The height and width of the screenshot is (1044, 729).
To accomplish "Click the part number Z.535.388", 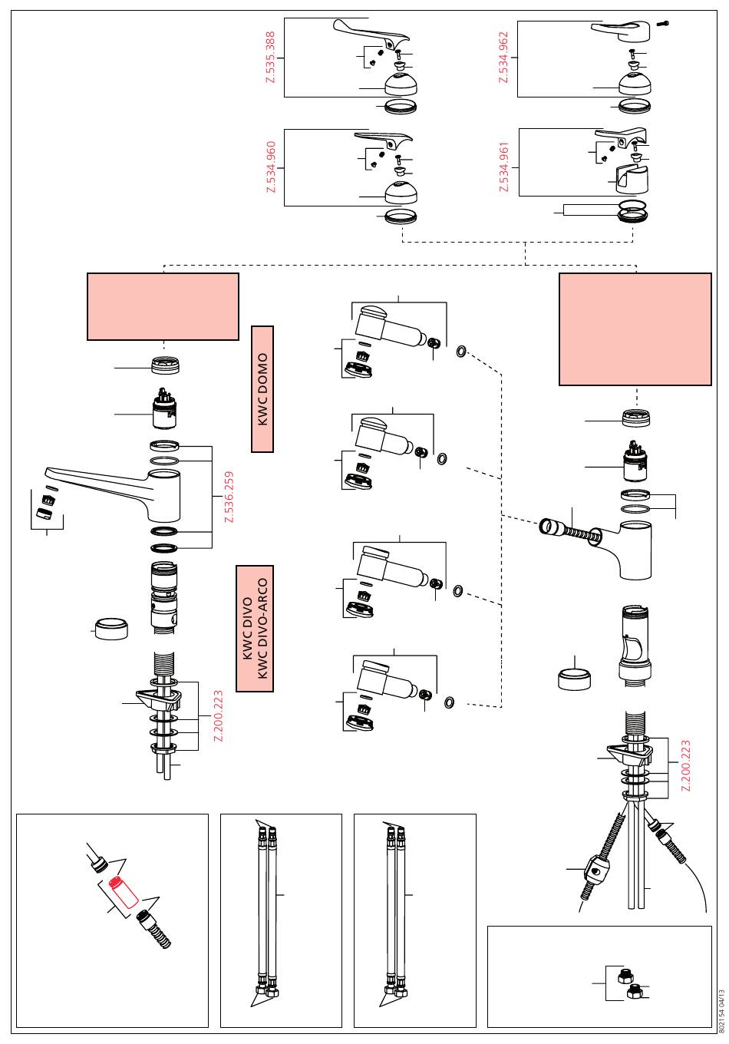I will pos(271,58).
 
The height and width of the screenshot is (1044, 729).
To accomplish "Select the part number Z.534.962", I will pos(504,58).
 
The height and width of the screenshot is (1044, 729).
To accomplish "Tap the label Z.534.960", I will pos(271,167).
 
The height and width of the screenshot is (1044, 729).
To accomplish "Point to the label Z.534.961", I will pos(504,167).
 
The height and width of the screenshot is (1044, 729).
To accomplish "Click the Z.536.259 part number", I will pos(228,497).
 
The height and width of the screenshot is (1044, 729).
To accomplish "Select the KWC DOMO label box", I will pos(262,389).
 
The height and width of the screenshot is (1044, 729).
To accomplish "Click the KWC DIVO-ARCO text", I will pos(262,629).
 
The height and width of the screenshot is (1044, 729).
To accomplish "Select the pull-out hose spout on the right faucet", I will pos(571,530).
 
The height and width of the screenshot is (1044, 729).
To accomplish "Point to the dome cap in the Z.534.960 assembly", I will pos(401,192).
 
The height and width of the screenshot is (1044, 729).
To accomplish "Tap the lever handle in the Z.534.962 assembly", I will pos(622,31).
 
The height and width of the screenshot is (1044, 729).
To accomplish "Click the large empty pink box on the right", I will pos(635,329).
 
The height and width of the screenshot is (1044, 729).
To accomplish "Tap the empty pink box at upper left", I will pos(163,306).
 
